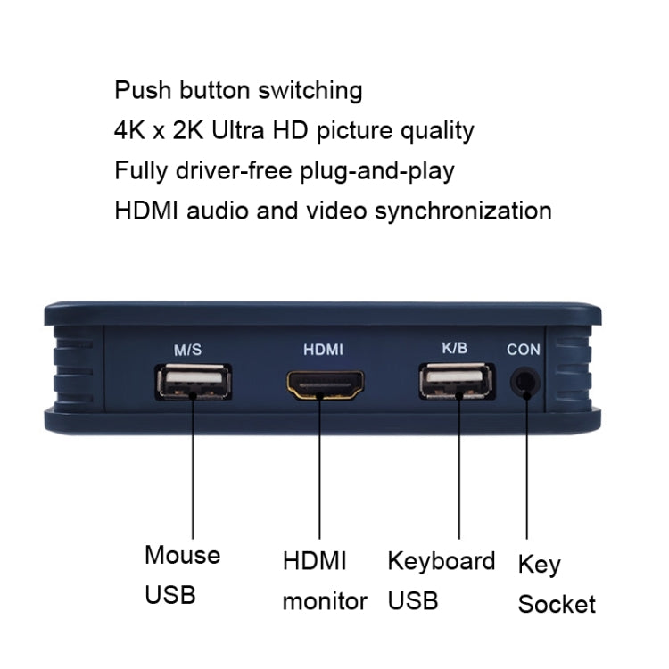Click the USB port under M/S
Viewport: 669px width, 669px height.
click(194, 384)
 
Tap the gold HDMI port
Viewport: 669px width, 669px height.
click(326, 385)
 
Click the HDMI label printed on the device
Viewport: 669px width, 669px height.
click(323, 351)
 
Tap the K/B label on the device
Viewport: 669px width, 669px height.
click(454, 349)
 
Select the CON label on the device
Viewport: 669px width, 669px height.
click(524, 350)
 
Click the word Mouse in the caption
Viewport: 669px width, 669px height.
click(182, 555)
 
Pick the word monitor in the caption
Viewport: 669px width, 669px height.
click(325, 601)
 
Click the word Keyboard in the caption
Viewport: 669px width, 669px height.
click(441, 561)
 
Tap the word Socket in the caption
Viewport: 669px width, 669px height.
click(557, 604)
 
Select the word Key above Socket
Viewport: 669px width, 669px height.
click(540, 565)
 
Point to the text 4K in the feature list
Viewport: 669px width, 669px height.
click(128, 130)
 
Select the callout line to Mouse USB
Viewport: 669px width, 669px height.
click(194, 473)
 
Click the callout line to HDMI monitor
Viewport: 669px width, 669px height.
click(325, 473)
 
